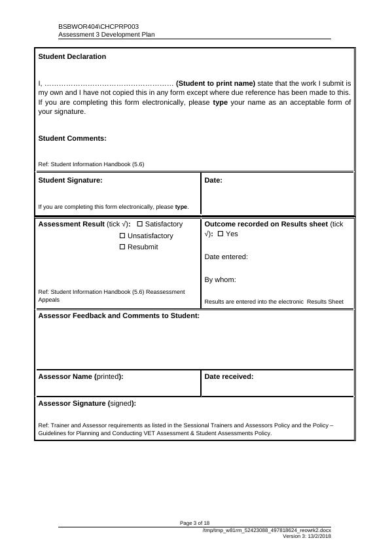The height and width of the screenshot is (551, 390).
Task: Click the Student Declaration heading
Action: (x=72, y=57)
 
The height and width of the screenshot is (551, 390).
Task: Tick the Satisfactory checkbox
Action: (x=140, y=224)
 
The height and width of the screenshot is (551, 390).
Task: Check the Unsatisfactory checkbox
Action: (x=122, y=236)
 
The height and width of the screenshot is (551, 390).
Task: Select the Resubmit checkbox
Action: (x=122, y=247)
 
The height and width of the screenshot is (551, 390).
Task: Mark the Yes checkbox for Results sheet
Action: (x=221, y=234)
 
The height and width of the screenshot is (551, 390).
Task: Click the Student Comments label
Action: (x=72, y=138)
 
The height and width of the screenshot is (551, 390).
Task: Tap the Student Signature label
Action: (x=70, y=180)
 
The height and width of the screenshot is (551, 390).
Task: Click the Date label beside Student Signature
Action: (x=213, y=180)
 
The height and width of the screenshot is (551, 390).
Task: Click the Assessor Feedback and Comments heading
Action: (x=119, y=316)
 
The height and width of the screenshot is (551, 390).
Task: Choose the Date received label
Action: (x=228, y=377)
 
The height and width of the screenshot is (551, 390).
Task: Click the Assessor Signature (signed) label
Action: (x=87, y=404)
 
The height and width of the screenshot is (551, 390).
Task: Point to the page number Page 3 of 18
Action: (x=194, y=523)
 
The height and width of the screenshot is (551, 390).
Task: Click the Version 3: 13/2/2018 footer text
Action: (x=306, y=536)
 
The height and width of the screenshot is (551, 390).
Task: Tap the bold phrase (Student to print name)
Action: (x=215, y=84)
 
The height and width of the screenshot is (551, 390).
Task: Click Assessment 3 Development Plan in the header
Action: (x=106, y=35)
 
